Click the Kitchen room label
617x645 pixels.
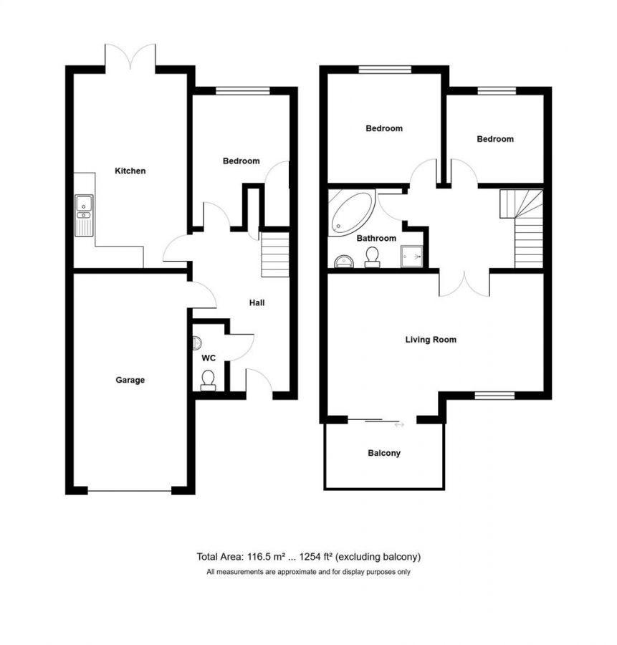point(130,171)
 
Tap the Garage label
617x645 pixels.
point(130,380)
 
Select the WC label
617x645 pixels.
point(209,357)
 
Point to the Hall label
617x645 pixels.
point(257,303)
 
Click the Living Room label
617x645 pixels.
point(431,340)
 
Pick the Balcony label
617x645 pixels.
point(384,453)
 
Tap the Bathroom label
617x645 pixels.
point(376,239)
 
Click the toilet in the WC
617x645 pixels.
point(209,379)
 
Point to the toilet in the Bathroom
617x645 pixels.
point(372,257)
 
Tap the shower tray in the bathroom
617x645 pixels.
point(413,256)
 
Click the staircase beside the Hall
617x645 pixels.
point(274,254)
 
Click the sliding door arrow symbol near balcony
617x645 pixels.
point(399,425)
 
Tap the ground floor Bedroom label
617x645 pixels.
point(241,161)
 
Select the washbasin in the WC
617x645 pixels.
point(199,343)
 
